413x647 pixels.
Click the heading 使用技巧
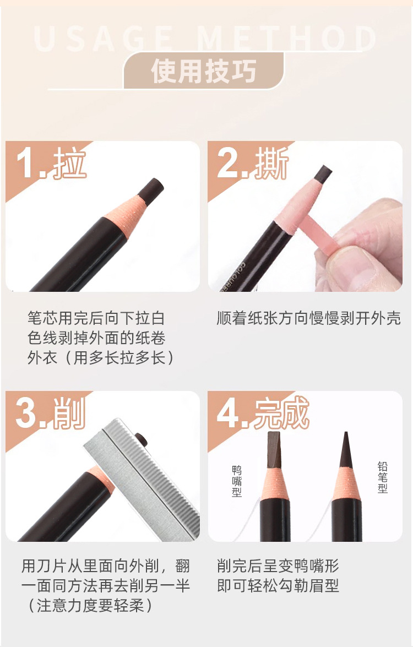click(x=203, y=71)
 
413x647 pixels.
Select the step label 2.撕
click(x=252, y=164)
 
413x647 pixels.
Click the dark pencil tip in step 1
click(x=151, y=188)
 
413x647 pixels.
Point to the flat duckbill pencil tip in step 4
click(x=274, y=450)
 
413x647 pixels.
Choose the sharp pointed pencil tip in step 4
click(x=346, y=449)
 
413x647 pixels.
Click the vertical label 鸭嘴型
click(x=236, y=481)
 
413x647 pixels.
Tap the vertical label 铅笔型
click(x=383, y=477)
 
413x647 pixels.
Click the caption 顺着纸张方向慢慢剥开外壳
click(x=308, y=318)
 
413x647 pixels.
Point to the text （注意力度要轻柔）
click(x=90, y=605)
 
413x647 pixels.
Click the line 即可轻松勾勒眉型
click(x=278, y=585)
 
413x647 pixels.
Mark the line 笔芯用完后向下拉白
click(x=96, y=318)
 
